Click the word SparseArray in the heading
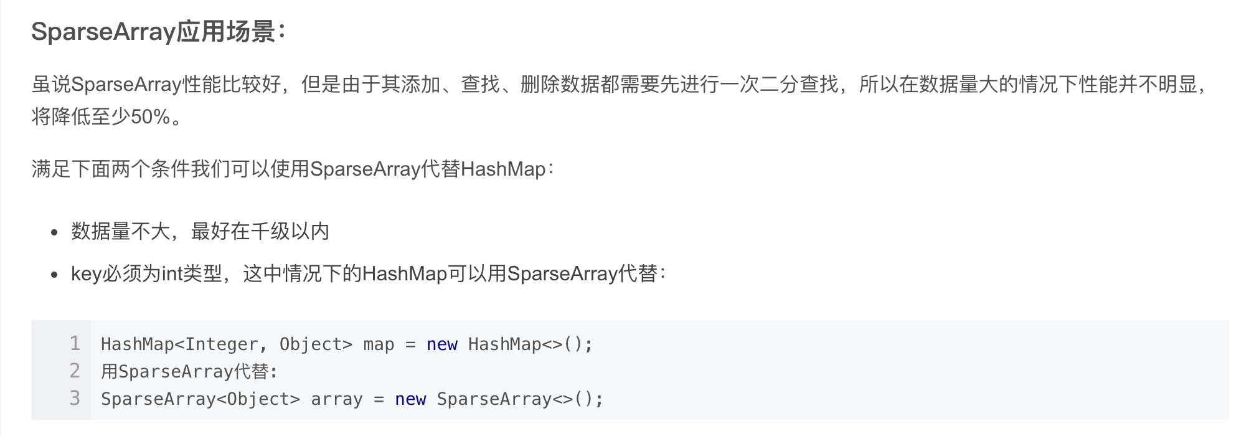click(103, 32)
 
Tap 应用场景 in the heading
click(226, 32)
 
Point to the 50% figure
click(150, 116)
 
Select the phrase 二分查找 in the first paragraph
click(799, 84)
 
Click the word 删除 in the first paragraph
click(540, 84)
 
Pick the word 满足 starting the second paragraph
click(51, 169)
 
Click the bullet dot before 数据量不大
click(55, 233)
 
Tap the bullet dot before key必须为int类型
click(55, 275)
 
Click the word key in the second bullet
click(86, 274)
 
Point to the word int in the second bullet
click(172, 274)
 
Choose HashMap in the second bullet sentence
click(405, 274)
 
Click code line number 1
click(75, 343)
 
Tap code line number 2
click(75, 371)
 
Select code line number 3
click(75, 398)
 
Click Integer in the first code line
click(222, 344)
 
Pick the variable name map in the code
click(379, 344)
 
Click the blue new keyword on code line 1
click(441, 344)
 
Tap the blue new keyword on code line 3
click(410, 399)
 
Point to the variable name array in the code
click(336, 399)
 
